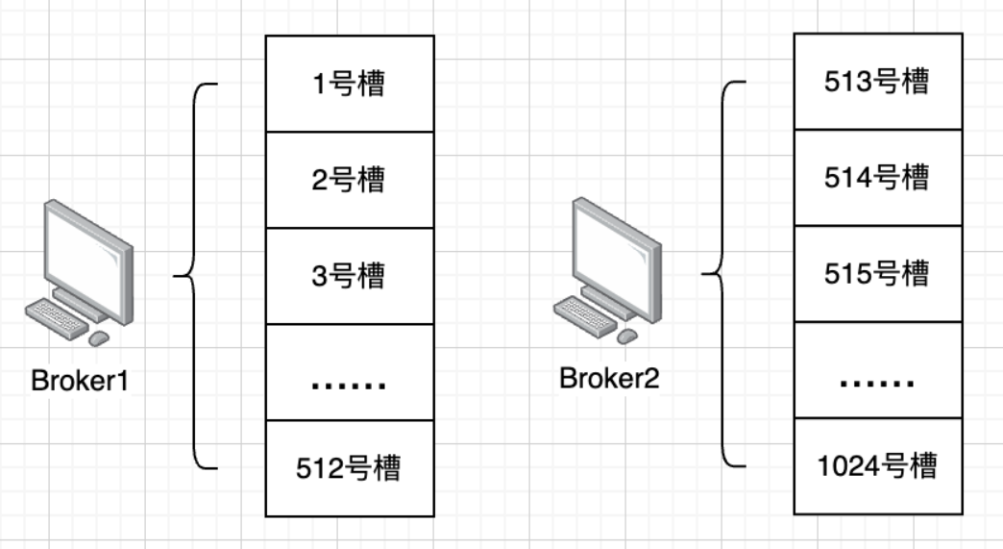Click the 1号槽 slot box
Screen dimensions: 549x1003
(x=350, y=84)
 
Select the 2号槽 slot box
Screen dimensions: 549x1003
(x=350, y=180)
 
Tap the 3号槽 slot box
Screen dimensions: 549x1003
(x=350, y=276)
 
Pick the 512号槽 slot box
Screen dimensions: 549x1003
(x=350, y=468)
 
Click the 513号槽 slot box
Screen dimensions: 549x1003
(x=877, y=82)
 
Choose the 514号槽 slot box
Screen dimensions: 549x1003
(x=877, y=178)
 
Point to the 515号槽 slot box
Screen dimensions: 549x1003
(x=877, y=274)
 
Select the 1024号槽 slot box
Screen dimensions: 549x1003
(x=877, y=466)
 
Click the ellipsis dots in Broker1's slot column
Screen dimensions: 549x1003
(x=350, y=384)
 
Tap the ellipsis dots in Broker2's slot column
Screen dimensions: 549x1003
(x=877, y=382)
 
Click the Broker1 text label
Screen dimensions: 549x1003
(x=80, y=382)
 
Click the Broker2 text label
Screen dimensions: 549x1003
(x=609, y=379)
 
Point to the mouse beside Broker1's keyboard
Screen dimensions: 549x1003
(x=98, y=338)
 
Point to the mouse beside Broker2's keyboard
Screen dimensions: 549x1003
(x=626, y=336)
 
